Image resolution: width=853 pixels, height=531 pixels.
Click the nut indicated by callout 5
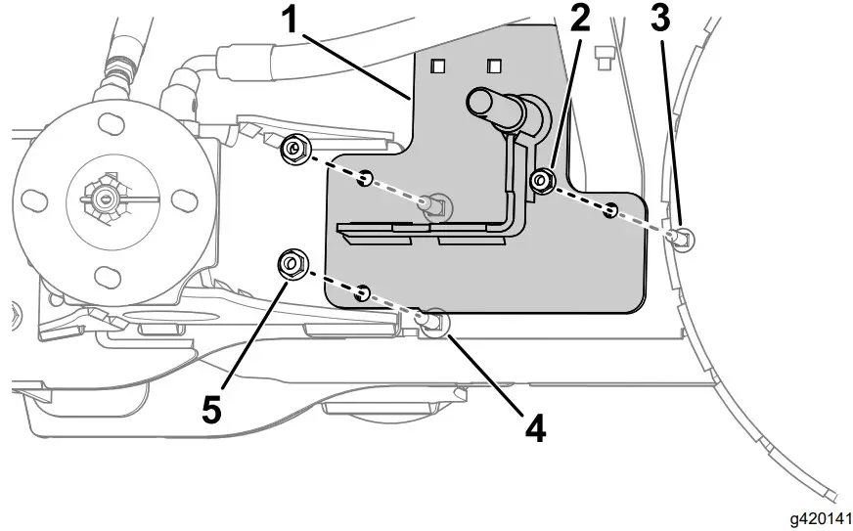click(x=292, y=264)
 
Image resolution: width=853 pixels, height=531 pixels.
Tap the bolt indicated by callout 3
click(x=683, y=236)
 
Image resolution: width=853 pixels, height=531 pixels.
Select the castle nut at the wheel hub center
click(x=106, y=198)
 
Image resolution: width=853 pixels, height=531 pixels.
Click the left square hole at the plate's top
click(x=439, y=66)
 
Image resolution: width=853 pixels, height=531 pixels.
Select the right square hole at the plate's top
click(x=495, y=66)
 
